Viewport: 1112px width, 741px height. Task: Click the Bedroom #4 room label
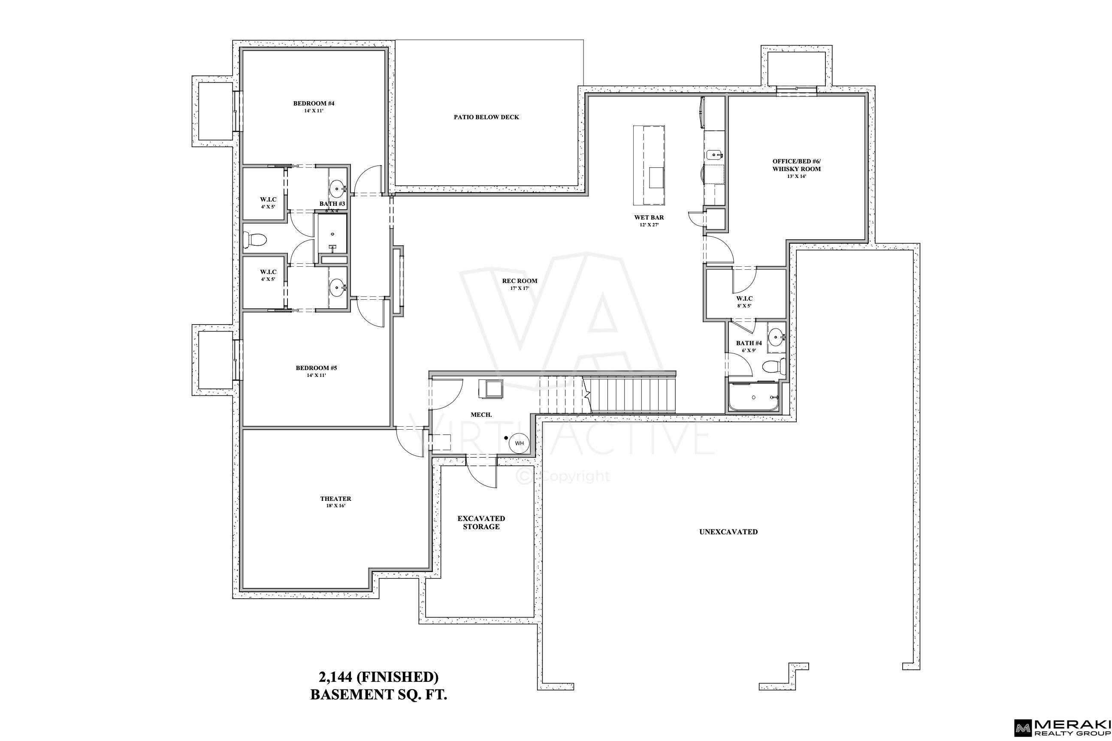pyautogui.click(x=314, y=106)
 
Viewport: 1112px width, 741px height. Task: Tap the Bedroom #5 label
pyautogui.click(x=316, y=371)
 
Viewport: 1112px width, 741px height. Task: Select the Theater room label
pyautogui.click(x=335, y=502)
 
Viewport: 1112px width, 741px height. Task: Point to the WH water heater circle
pyautogui.click(x=519, y=443)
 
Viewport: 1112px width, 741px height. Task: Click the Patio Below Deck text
pyautogui.click(x=486, y=117)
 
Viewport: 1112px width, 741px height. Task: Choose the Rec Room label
pyautogui.click(x=520, y=284)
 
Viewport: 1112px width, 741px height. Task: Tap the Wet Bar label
pyautogui.click(x=649, y=221)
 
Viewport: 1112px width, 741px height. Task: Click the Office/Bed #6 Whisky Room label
pyautogui.click(x=797, y=168)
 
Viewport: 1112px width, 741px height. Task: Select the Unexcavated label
pyautogui.click(x=728, y=532)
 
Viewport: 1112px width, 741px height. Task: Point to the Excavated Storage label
pyautogui.click(x=481, y=522)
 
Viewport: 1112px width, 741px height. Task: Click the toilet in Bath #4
pyautogui.click(x=774, y=366)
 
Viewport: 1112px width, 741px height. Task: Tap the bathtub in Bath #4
pyautogui.click(x=753, y=397)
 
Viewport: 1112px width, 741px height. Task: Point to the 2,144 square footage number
pyautogui.click(x=335, y=677)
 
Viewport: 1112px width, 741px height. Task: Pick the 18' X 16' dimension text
pyautogui.click(x=335, y=506)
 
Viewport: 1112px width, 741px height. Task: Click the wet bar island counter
pyautogui.click(x=649, y=165)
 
